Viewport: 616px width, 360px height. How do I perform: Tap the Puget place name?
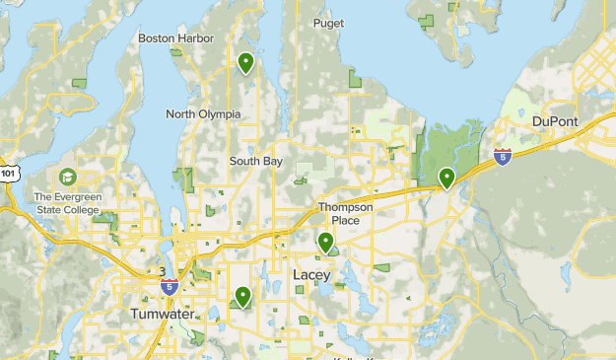(328, 23)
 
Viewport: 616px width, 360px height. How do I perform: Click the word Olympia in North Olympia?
(222, 114)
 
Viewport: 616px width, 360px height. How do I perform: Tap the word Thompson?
(345, 207)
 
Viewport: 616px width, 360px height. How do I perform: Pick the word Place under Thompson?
(345, 220)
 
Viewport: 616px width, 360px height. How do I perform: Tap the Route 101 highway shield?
(7, 174)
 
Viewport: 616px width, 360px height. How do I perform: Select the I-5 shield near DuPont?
(504, 157)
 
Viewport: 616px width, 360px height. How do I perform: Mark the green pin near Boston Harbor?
(245, 63)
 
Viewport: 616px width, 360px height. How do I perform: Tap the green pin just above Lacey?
(325, 241)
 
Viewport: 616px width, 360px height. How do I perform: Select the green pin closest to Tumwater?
(241, 295)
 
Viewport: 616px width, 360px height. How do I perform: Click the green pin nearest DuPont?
(446, 178)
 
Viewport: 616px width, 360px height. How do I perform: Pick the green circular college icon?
(67, 177)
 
